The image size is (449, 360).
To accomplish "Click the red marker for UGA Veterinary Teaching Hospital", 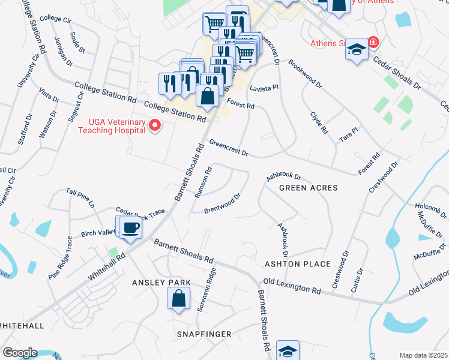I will coord(155,126).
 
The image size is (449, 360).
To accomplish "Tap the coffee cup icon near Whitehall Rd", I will coord(130,229).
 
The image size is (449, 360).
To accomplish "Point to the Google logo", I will coord(19,353).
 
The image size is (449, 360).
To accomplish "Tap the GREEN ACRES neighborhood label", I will coord(308,188).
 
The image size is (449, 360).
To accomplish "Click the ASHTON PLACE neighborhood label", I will coord(297,264).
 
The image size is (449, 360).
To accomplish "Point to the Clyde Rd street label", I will coord(319,122).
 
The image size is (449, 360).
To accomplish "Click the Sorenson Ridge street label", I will coord(207,289).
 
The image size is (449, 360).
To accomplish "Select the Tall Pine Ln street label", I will coord(80,197).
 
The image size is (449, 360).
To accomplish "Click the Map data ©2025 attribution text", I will coord(424,355).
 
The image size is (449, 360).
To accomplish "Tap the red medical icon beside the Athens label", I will coord(373,43).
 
